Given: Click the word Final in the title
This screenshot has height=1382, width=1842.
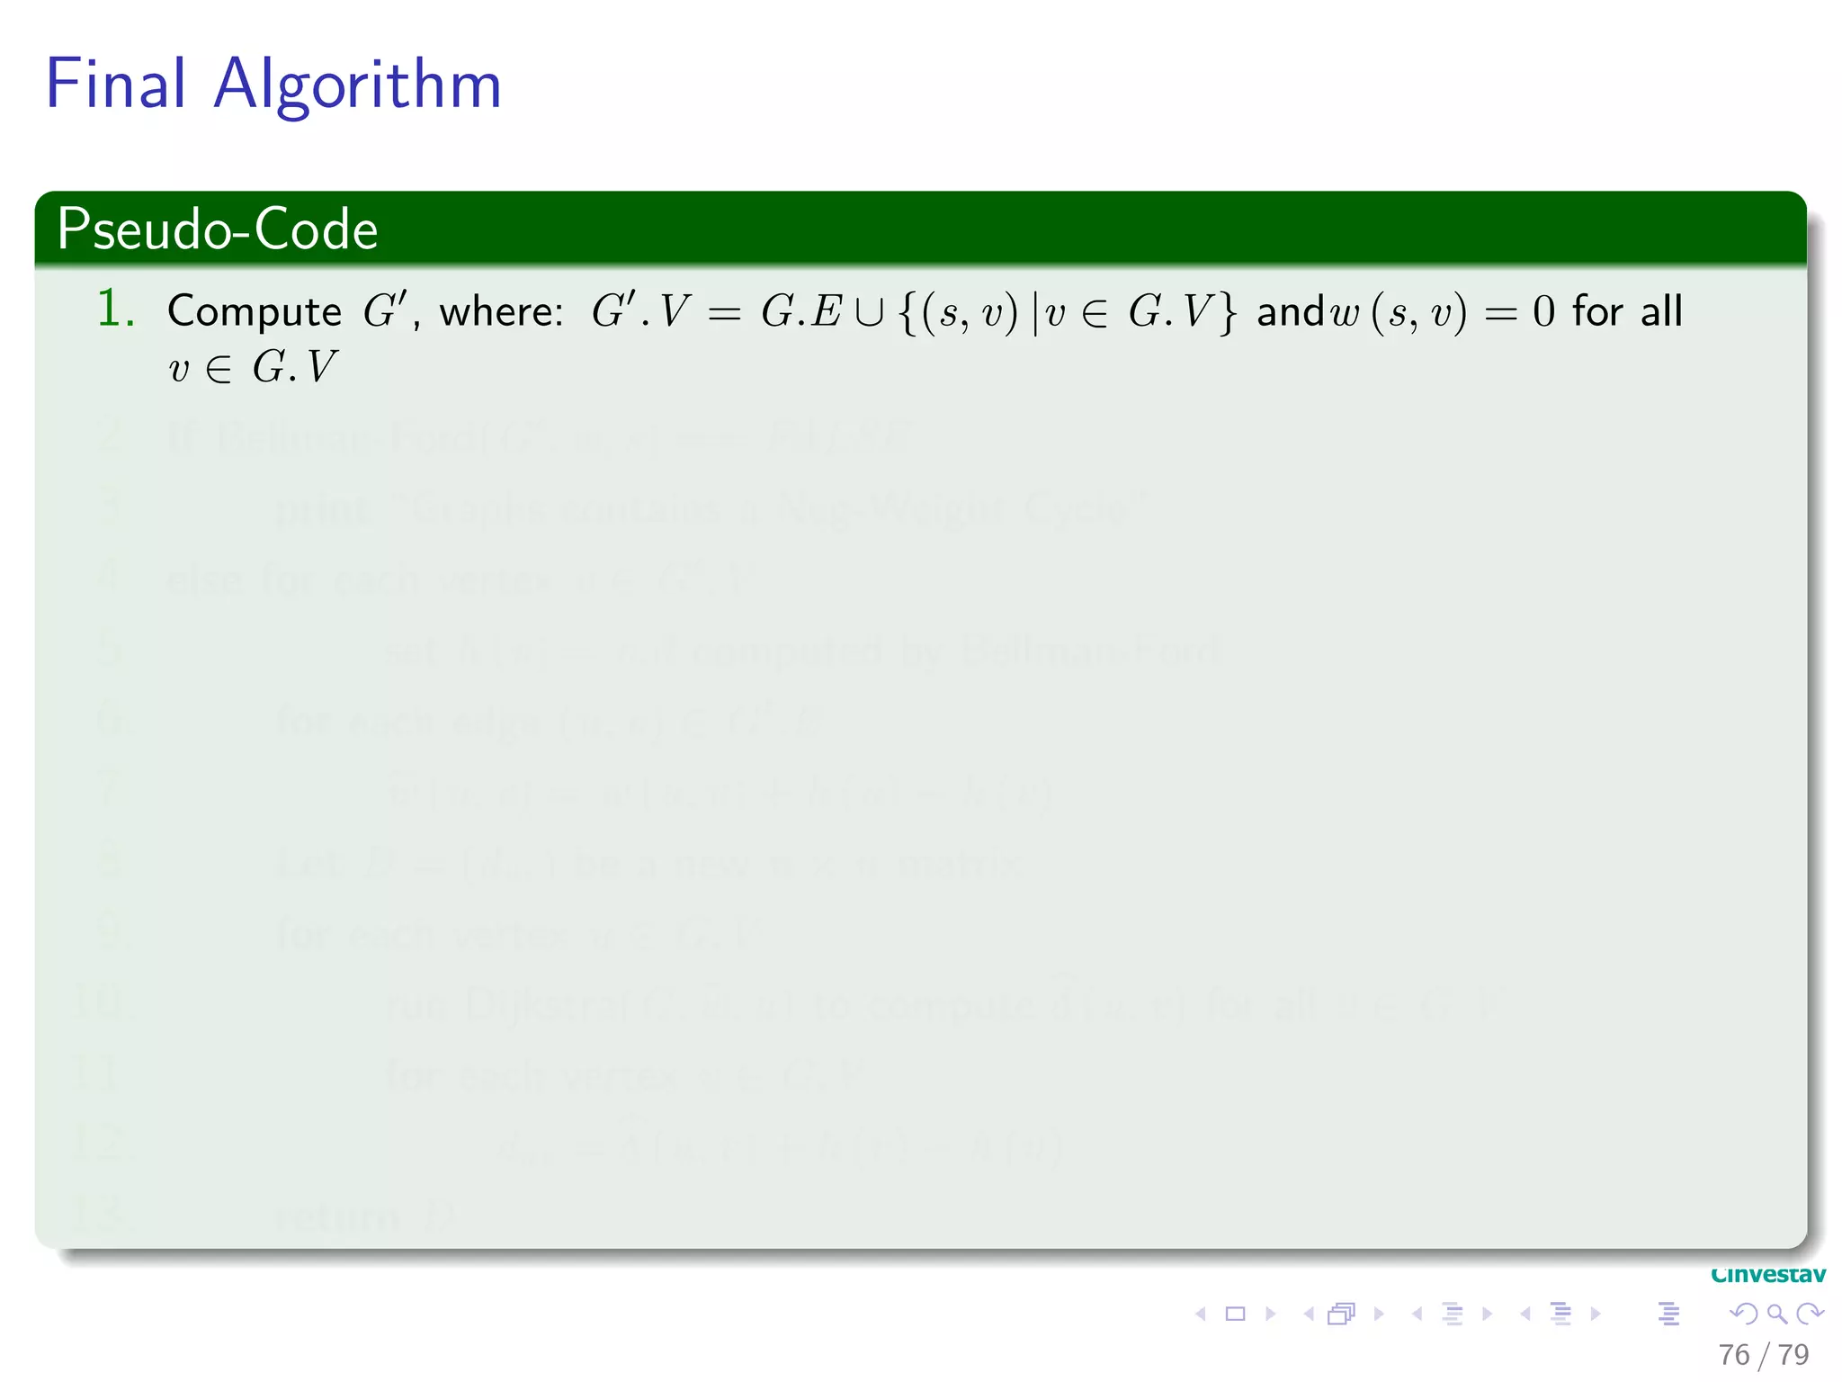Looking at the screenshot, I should (x=116, y=84).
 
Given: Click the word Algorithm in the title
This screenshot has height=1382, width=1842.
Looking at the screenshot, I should (x=357, y=85).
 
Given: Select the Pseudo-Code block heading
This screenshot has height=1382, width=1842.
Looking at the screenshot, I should (x=217, y=229).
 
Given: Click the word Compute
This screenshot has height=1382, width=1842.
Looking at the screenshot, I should (x=254, y=312).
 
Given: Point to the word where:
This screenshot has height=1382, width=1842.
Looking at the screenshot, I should (x=501, y=312).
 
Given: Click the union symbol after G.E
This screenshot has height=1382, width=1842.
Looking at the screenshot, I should (x=869, y=312).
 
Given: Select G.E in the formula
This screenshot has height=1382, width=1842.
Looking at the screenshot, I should (x=800, y=312).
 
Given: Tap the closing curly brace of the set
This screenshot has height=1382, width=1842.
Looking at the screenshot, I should (x=1228, y=312).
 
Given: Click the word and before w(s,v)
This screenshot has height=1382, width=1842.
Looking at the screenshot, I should (x=1291, y=312).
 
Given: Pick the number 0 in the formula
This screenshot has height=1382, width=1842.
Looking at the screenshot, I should (x=1542, y=312).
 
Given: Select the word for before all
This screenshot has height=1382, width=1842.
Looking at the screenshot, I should (x=1597, y=312).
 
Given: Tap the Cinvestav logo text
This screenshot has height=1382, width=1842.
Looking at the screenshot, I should (x=1768, y=1275).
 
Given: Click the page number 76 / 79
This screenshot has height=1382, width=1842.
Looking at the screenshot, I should (x=1763, y=1354).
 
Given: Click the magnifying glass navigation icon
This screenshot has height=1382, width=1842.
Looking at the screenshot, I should (x=1776, y=1314).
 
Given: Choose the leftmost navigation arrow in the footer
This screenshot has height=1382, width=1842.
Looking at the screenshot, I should (x=1200, y=1314).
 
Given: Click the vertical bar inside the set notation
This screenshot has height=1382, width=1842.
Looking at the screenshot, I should (x=1034, y=312).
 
